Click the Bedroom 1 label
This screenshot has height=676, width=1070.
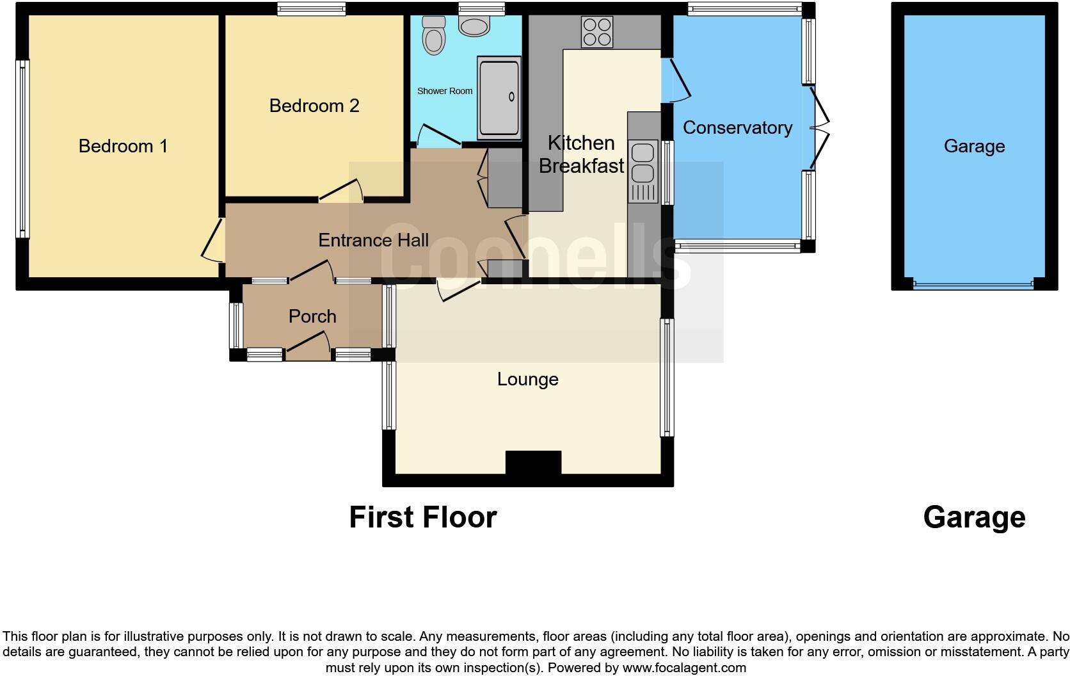tap(123, 146)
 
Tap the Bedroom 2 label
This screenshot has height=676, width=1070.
tap(314, 106)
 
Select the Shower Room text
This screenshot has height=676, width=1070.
tap(445, 91)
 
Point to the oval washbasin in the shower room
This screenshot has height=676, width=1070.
tap(474, 26)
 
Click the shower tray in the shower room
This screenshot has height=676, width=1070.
tap(499, 97)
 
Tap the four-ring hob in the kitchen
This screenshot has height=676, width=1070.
tap(596, 31)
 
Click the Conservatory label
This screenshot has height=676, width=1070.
tap(737, 127)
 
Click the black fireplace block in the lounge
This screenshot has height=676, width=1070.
tap(533, 462)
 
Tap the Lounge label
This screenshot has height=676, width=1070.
tap(527, 379)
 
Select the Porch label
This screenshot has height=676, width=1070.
tap(312, 316)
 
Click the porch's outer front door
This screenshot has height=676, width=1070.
tap(308, 342)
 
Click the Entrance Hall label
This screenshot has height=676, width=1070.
tap(373, 240)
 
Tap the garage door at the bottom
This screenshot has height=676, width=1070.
tap(973, 285)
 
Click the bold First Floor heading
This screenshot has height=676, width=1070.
tap(422, 517)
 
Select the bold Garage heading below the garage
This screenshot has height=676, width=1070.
tap(973, 517)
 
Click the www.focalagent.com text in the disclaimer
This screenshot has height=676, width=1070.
tap(684, 668)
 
